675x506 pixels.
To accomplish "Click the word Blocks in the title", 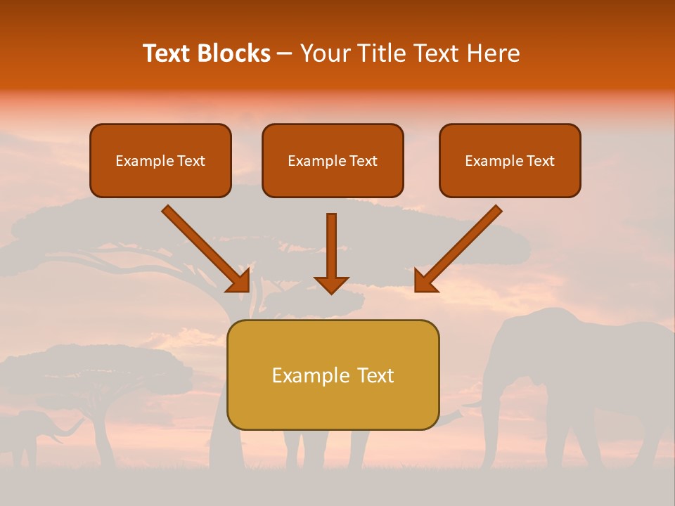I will click(233, 53).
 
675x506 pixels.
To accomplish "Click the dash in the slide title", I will click(285, 54).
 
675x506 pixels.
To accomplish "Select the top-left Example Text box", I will click(160, 160).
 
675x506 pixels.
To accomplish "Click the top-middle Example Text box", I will click(333, 160).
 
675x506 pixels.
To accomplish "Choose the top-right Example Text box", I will click(510, 160).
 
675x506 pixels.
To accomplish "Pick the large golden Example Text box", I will click(333, 375).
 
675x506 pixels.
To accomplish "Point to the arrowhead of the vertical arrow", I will click(331, 284).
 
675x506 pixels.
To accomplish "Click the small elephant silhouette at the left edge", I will click(25, 432).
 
